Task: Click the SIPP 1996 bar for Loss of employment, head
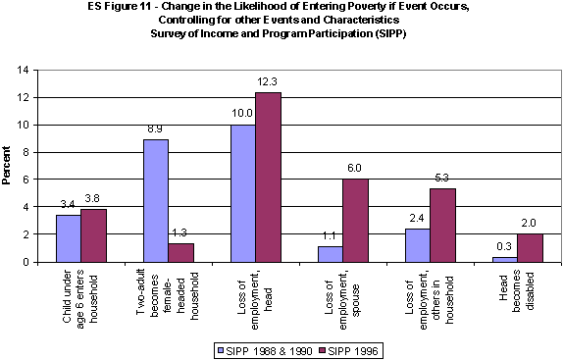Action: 268,177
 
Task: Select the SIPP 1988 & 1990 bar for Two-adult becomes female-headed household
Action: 156,200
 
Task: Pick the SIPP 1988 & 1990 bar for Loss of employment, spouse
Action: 330,254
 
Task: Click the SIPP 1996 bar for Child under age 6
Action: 93,235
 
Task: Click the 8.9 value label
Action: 155,129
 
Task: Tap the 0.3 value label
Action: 504,248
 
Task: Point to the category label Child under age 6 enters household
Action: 81,300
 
